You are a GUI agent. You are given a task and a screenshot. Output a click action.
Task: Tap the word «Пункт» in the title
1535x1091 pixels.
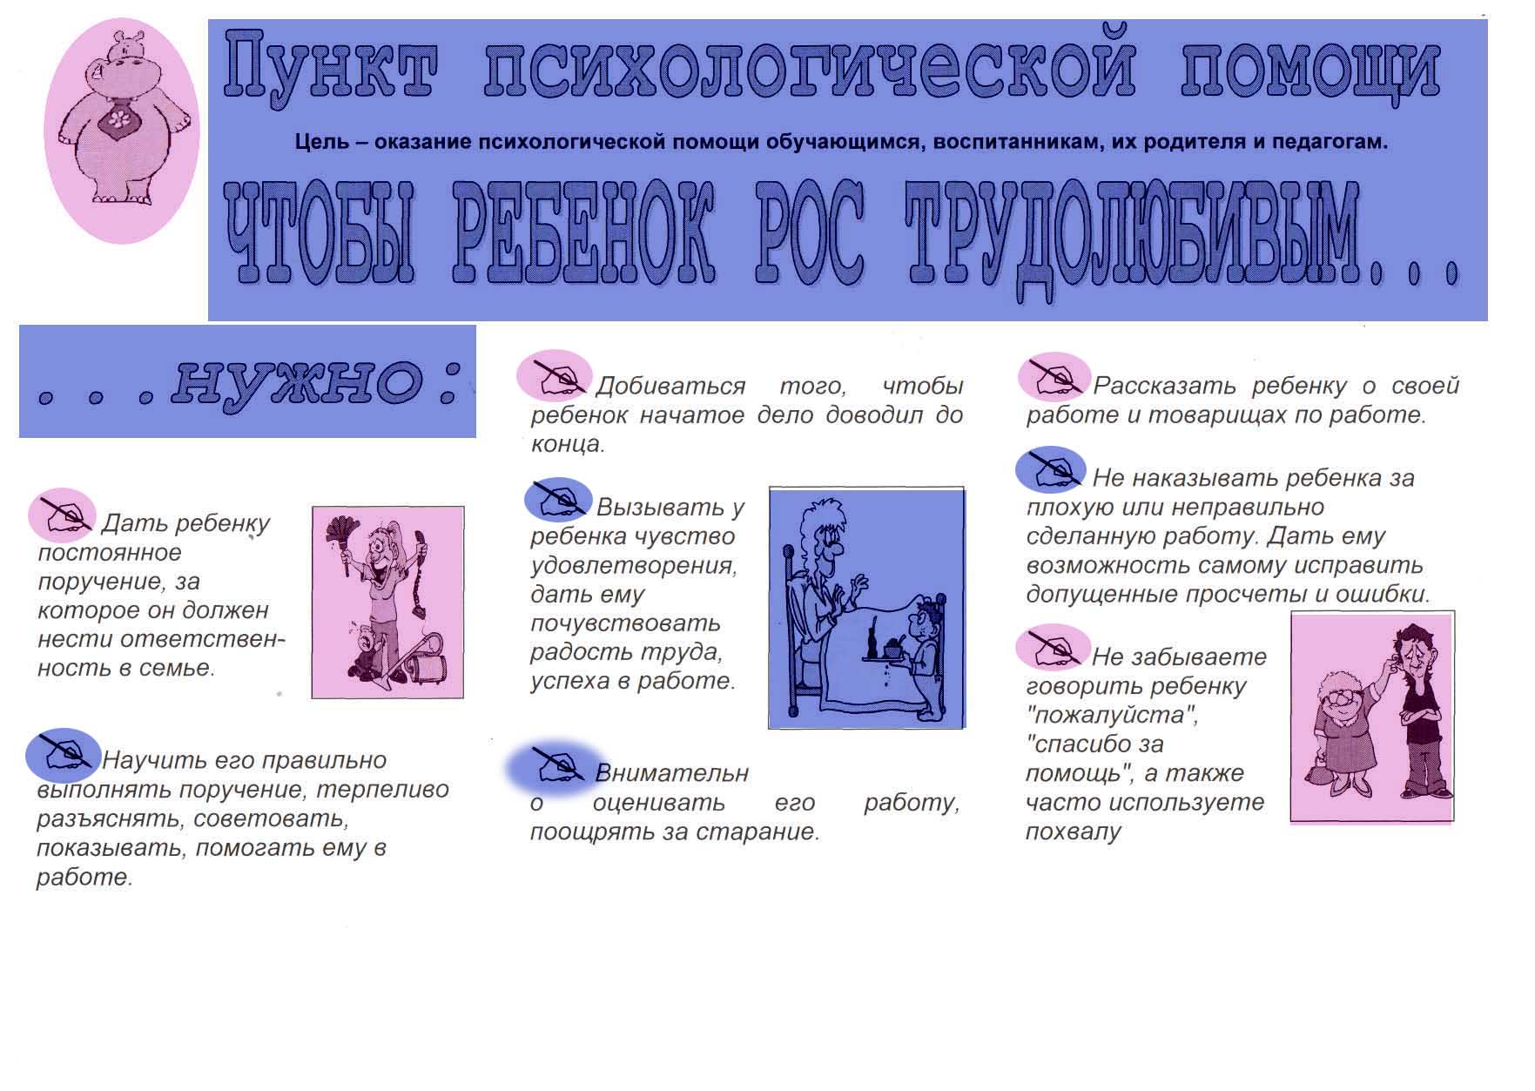[332, 65]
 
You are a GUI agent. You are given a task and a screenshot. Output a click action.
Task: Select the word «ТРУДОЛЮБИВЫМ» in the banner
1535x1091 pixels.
[1131, 239]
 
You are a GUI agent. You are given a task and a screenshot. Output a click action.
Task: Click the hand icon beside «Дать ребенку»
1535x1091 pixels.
[63, 515]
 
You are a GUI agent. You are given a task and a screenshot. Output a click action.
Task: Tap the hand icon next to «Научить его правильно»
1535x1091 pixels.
[63, 754]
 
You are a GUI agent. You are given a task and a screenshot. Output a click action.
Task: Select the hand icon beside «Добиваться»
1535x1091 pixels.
[554, 376]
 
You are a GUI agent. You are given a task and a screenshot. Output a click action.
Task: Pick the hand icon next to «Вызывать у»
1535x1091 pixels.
[558, 500]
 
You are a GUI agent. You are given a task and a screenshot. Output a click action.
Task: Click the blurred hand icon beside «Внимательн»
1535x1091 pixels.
[557, 766]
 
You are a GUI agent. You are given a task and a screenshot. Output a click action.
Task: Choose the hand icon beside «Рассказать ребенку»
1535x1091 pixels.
[1054, 376]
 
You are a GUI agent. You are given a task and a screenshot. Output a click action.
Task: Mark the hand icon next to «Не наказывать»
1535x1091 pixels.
[1050, 470]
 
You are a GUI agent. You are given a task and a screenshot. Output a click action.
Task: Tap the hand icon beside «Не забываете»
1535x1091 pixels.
[1052, 648]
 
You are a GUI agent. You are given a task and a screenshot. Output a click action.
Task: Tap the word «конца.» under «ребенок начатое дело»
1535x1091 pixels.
[568, 444]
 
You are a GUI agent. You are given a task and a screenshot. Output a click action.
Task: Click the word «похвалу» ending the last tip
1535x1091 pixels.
[1074, 832]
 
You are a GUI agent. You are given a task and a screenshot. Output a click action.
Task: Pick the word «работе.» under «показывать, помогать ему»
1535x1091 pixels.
[84, 877]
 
